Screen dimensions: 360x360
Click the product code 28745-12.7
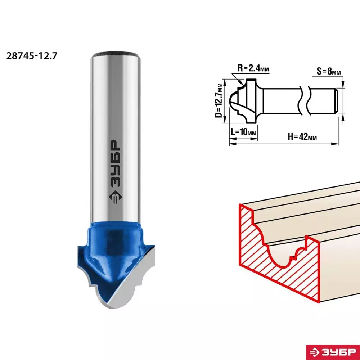pyautogui.click(x=31, y=56)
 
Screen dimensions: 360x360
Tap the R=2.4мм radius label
pyautogui.click(x=253, y=68)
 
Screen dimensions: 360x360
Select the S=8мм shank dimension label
pyautogui.click(x=329, y=71)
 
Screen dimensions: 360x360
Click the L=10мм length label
pyautogui.click(x=243, y=132)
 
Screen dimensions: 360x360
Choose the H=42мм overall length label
pyautogui.click(x=302, y=137)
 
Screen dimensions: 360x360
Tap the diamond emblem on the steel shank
pyautogui.click(x=115, y=197)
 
